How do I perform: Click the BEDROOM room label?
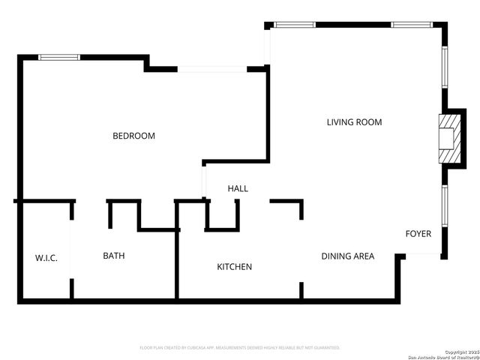coord(133,136)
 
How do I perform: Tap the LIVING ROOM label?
coord(354,122)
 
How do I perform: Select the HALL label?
coord(238,189)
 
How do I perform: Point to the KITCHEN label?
coord(234,267)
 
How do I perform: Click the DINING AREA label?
coord(347,256)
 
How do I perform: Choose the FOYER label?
coord(418,234)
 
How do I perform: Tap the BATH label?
coord(114,256)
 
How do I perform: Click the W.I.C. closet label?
coord(46,258)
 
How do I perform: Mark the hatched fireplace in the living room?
coord(448,137)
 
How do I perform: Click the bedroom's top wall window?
coord(59,56)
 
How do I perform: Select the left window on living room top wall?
coord(295,25)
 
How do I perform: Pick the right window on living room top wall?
coord(410,25)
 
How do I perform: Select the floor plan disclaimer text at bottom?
coord(240,348)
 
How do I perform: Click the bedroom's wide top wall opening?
coord(212,70)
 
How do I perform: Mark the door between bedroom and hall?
coord(203,180)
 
